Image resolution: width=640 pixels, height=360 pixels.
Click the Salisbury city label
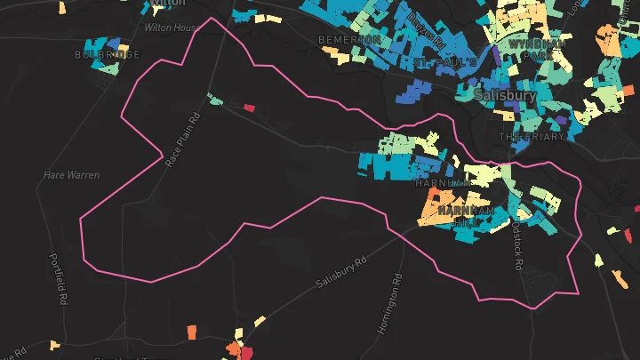tap(504, 94)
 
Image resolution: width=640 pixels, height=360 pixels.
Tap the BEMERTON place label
tap(350, 41)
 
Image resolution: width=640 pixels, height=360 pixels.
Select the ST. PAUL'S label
tap(441, 62)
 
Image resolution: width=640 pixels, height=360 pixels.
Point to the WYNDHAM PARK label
tap(536, 50)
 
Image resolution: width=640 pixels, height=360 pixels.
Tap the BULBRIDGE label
tap(108, 55)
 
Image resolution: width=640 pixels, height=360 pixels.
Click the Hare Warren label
tap(71, 175)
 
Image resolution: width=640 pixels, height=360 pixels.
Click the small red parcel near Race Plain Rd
tap(250, 108)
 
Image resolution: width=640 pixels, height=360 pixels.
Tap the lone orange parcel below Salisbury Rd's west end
tap(191, 332)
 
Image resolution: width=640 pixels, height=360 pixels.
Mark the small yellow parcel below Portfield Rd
tap(55, 345)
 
